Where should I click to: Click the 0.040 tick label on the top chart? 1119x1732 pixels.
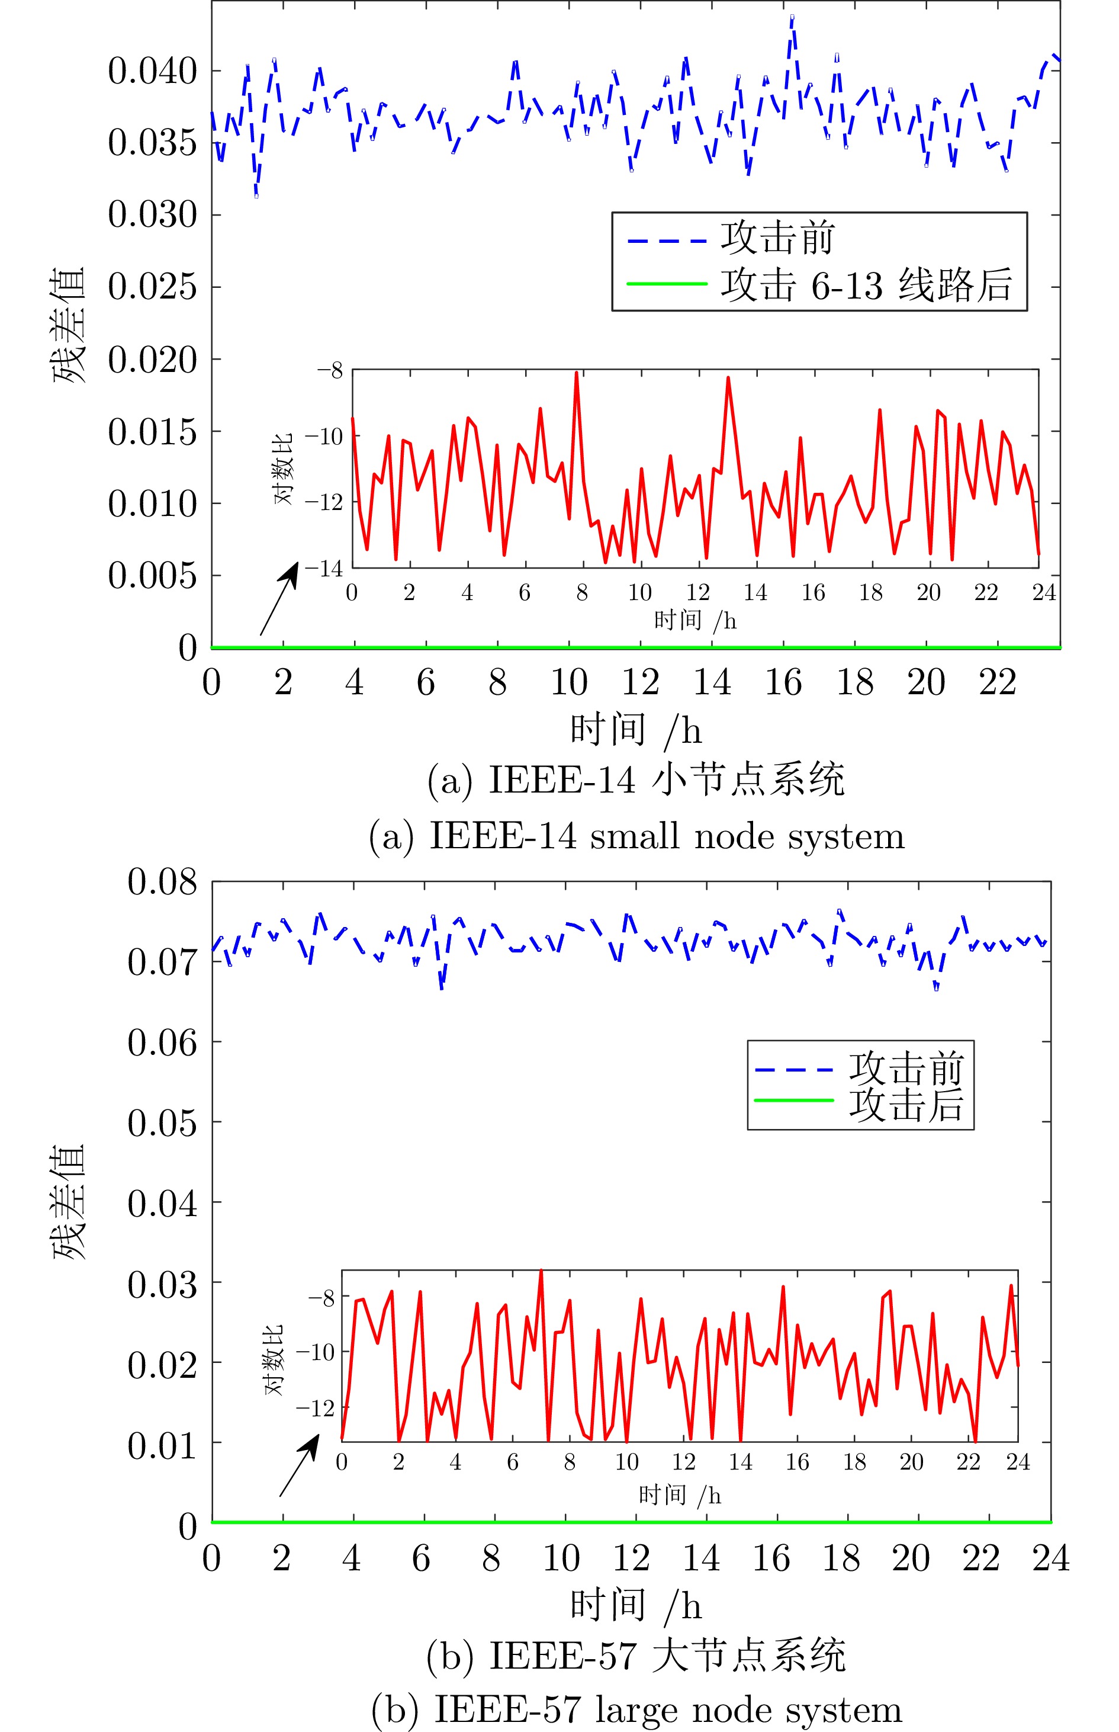(153, 71)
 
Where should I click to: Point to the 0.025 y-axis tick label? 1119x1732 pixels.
(153, 287)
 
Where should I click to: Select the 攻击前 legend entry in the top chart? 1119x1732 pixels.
(777, 238)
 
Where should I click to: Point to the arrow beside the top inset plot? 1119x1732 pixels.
(279, 598)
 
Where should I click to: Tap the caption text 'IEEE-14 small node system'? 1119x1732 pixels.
(636, 836)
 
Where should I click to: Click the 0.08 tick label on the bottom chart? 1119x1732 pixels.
(162, 883)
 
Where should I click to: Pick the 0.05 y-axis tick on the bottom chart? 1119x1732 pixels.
(162, 1123)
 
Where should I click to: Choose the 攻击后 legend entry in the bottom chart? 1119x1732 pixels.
(905, 1105)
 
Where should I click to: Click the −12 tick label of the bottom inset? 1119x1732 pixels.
(314, 1409)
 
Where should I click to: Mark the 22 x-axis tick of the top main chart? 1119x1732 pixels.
(997, 682)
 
